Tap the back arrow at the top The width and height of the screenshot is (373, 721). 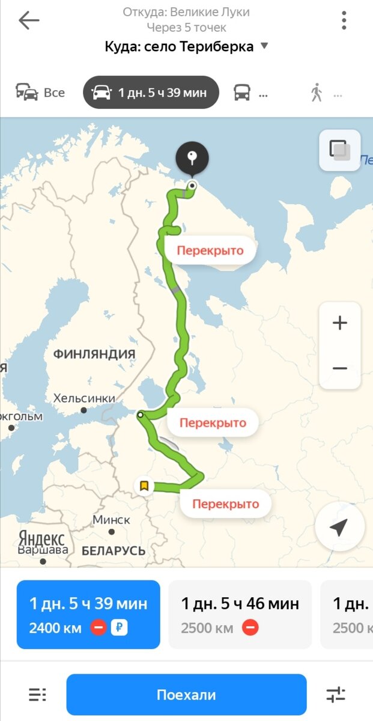(x=28, y=20)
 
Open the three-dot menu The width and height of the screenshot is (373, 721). (x=344, y=20)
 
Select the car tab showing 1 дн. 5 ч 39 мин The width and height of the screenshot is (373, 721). (x=151, y=93)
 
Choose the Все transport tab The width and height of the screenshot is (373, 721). (x=41, y=93)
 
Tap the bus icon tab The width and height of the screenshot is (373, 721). (x=242, y=93)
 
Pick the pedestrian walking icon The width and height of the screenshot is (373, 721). (x=317, y=93)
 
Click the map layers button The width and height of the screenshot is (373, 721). (x=339, y=150)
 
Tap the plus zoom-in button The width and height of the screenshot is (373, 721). (x=340, y=323)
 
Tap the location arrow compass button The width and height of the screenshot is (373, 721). (x=339, y=527)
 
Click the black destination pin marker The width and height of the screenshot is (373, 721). (x=192, y=159)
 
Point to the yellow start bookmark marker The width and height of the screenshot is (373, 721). (x=144, y=485)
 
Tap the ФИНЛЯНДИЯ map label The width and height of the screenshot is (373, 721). (x=94, y=354)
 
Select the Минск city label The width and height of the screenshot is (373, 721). (x=112, y=520)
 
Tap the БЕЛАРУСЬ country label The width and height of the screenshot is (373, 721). (x=114, y=550)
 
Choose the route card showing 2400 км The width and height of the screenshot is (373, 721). (x=88, y=614)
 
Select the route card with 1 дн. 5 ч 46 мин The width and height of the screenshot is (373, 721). (x=240, y=614)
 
